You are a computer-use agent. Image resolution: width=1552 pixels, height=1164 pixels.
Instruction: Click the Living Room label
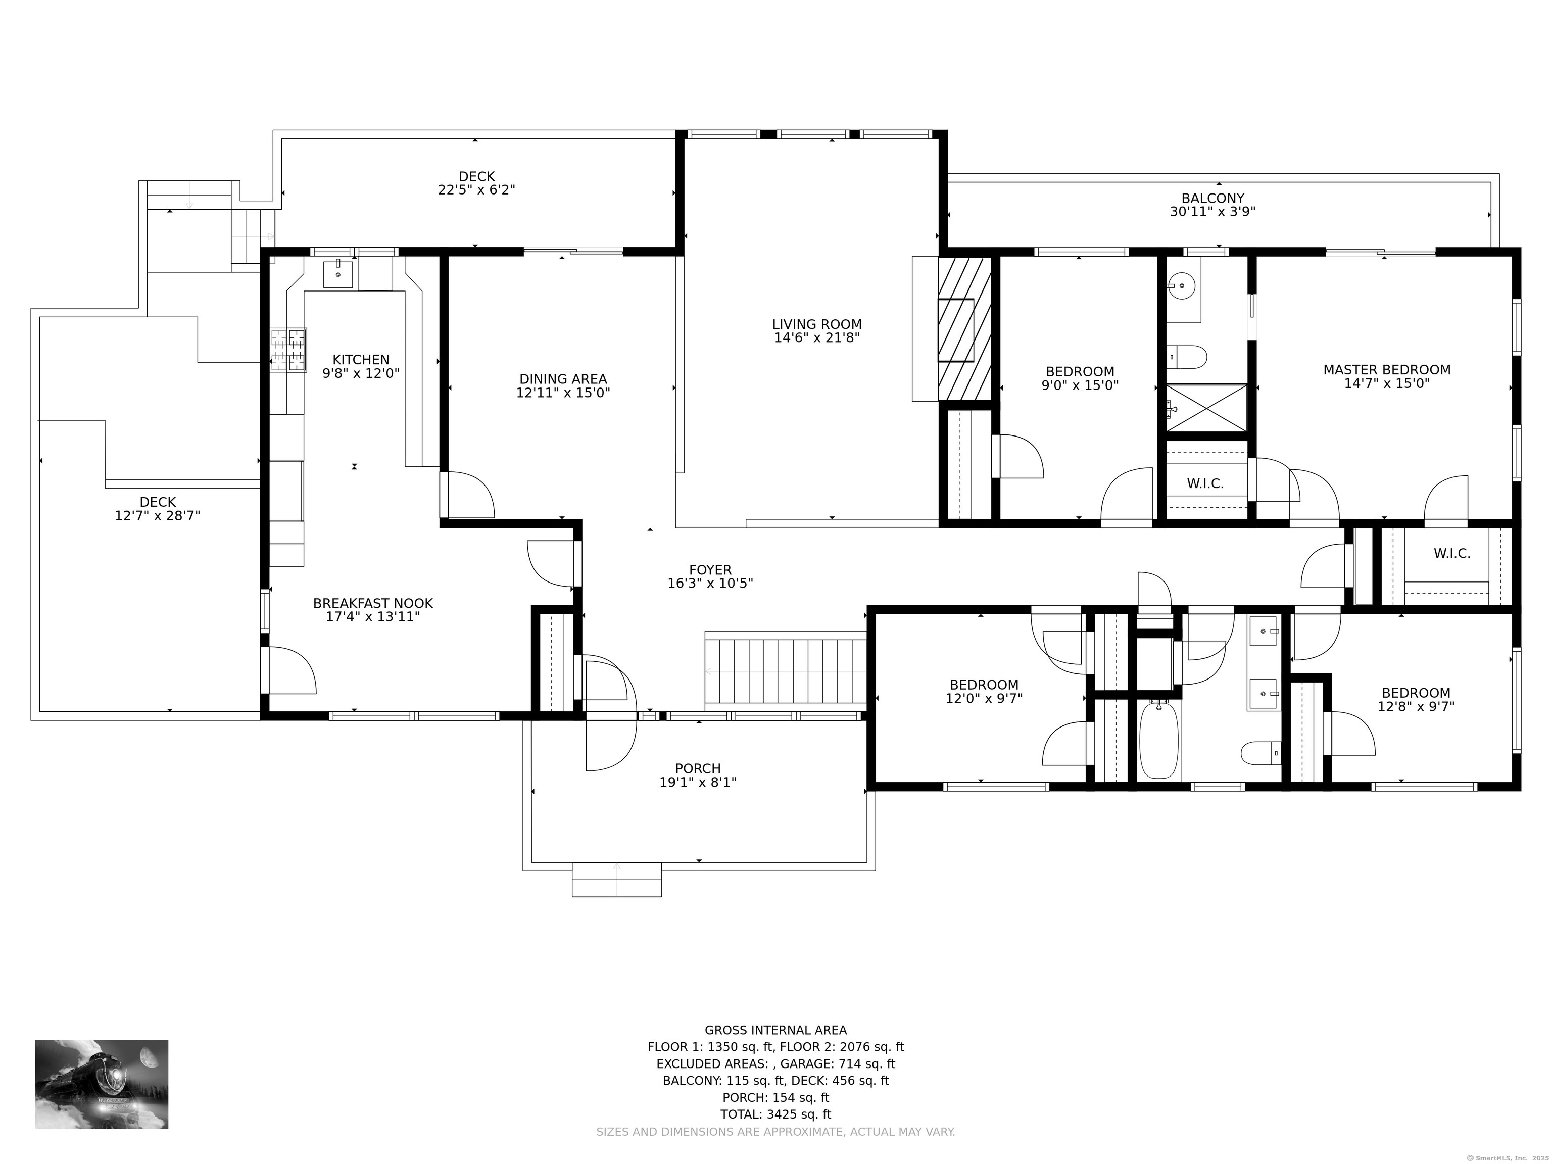(817, 325)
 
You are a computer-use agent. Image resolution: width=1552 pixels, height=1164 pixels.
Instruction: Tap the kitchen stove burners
(289, 350)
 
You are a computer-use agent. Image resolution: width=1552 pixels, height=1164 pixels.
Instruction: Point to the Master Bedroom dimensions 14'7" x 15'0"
(1386, 384)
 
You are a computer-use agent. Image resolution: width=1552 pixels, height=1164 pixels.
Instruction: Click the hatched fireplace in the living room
(965, 328)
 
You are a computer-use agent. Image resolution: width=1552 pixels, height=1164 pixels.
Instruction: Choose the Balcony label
(1212, 199)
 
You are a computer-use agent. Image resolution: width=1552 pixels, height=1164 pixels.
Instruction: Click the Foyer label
(710, 570)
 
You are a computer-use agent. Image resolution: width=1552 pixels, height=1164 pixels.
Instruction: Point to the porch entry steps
(617, 880)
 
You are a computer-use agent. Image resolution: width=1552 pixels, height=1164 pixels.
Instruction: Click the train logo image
(102, 1084)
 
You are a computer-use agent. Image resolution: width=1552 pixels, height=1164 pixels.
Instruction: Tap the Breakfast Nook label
(372, 603)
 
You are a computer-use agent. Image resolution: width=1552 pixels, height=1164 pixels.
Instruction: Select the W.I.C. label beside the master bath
(1205, 484)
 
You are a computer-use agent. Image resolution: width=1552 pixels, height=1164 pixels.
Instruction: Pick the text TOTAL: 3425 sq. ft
(775, 1114)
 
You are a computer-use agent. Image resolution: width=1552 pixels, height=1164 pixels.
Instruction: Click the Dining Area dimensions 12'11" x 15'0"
(563, 393)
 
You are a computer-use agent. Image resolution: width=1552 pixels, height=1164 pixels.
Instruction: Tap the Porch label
(698, 769)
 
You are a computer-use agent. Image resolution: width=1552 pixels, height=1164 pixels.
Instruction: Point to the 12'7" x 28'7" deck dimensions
(158, 516)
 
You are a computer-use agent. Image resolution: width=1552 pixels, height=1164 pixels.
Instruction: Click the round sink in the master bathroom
(1183, 285)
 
